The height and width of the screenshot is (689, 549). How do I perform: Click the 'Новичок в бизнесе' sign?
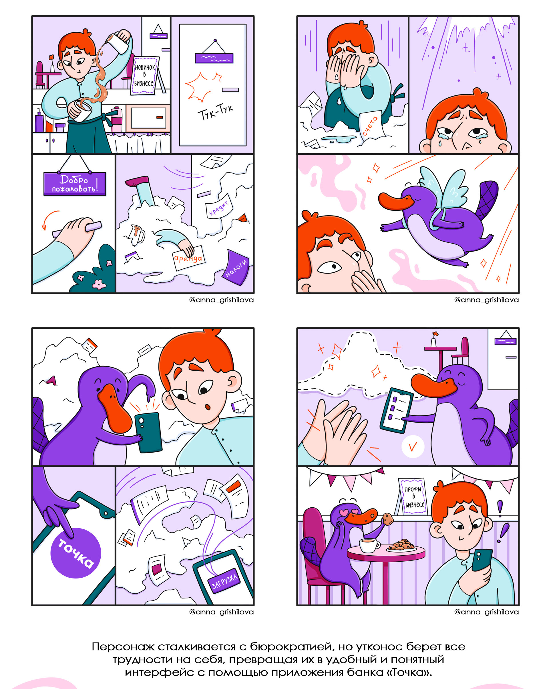[x=144, y=75]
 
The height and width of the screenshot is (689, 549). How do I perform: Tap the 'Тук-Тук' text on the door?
[x=215, y=112]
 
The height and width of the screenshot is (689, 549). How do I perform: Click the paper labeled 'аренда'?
[x=188, y=258]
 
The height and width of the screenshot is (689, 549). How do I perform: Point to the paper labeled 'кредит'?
[x=219, y=206]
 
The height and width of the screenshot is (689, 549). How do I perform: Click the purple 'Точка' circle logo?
[x=76, y=553]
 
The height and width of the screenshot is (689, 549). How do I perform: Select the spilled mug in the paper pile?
[x=137, y=234]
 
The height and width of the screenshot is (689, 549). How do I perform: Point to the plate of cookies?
[x=402, y=545]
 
